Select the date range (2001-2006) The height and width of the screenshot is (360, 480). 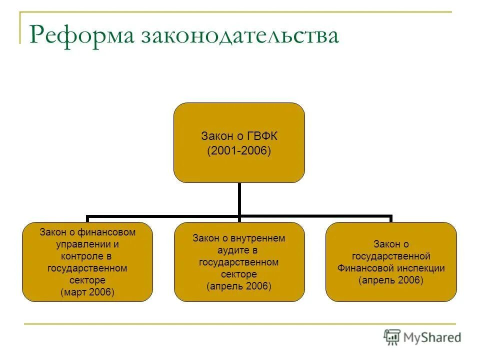pos(239,151)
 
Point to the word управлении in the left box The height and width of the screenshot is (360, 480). pos(82,244)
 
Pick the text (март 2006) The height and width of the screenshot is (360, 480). pos(87,292)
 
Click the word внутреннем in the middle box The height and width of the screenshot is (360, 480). pos(260,238)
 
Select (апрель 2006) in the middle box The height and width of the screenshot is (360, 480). pos(239,286)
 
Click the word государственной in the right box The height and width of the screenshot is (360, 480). pos(391,256)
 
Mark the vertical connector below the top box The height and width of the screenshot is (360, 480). pos(239,199)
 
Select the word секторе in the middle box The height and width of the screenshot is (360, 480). pos(239,274)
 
